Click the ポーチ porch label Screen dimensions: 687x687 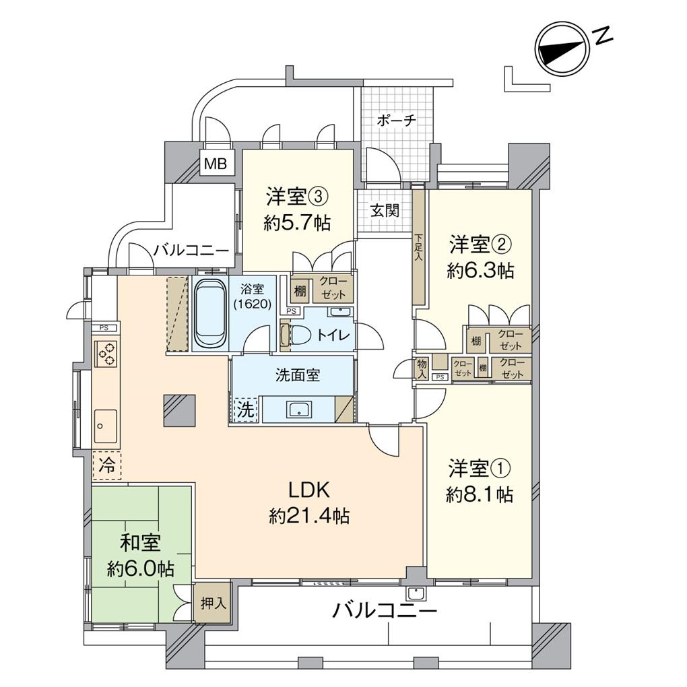[396, 121]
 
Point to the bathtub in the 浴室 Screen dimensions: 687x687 [211, 314]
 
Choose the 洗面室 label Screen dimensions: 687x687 [297, 376]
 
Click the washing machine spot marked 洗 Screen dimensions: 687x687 [246, 408]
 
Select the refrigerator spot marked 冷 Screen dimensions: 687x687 [106, 464]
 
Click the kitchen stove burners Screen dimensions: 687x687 [106, 353]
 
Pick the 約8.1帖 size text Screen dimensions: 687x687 [480, 495]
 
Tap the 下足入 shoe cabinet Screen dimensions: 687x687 [419, 248]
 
